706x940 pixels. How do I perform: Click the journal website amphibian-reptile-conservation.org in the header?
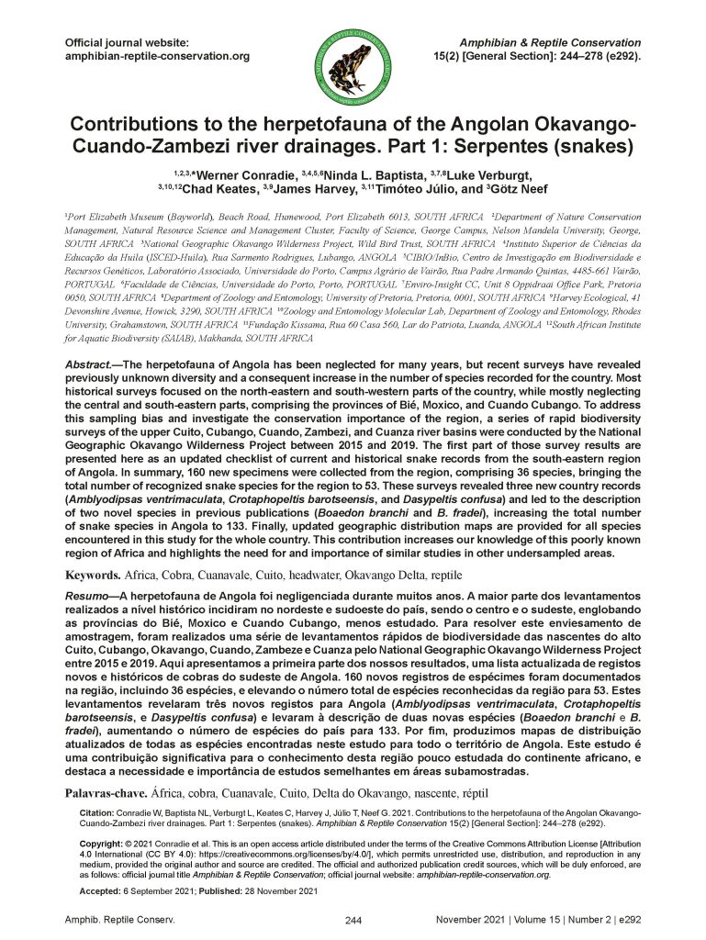point(157,57)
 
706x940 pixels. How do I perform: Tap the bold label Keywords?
point(91,576)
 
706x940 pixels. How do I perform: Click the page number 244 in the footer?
point(353,920)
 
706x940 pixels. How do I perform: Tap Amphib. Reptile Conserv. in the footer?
point(119,918)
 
